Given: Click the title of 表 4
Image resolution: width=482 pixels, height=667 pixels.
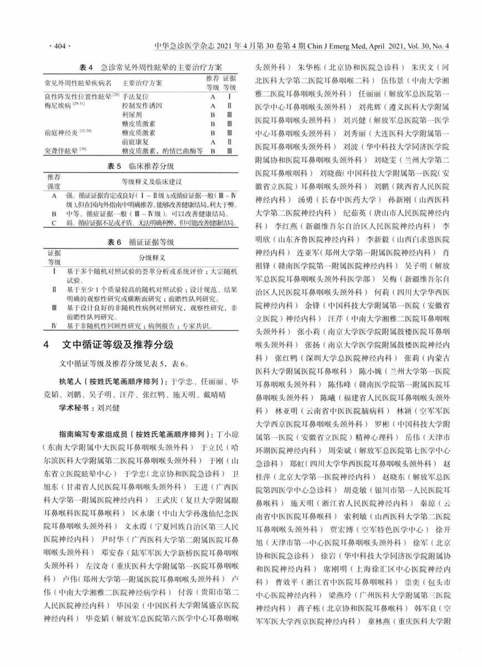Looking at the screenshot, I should pos(138,67).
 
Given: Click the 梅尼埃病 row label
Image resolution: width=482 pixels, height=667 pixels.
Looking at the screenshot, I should pos(57,106).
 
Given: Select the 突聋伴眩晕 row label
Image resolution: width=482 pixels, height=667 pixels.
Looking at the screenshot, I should pos(61,151).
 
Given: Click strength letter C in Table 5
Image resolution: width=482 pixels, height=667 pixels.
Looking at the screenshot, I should pos(54,222).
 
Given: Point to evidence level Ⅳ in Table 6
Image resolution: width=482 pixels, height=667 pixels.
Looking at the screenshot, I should pos(53,325).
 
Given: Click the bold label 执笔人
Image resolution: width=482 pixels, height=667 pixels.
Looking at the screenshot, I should pos(72,382).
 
